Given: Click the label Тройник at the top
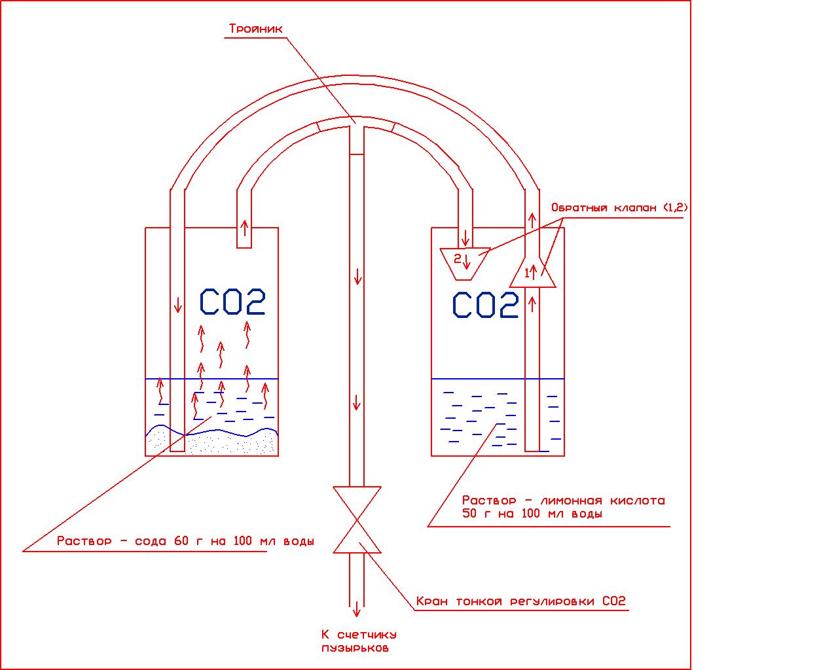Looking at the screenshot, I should (x=255, y=29).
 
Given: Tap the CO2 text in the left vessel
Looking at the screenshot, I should (x=232, y=302).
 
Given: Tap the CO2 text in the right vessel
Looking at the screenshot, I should (x=486, y=305).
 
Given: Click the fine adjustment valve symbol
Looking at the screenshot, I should (x=357, y=520).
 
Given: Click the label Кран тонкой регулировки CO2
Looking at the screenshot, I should (x=520, y=601).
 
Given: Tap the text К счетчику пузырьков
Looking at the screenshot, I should (x=358, y=641).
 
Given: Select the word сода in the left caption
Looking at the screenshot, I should (x=152, y=542).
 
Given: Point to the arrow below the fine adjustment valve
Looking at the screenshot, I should (x=357, y=608).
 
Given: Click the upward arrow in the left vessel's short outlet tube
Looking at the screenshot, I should (x=244, y=228).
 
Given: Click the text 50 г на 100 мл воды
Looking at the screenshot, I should (x=532, y=514).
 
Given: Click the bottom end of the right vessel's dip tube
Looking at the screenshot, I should (x=532, y=449).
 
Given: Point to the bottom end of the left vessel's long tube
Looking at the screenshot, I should (x=177, y=449).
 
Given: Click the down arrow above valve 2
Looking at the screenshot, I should (x=465, y=236).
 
